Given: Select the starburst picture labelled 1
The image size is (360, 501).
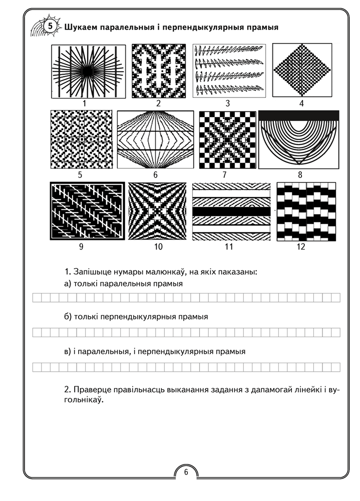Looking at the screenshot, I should (85, 72).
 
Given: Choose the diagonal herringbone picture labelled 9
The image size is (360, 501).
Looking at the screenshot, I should (88, 211).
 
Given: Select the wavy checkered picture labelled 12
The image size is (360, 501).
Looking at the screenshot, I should (306, 212).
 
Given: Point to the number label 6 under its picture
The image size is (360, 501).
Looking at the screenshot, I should (155, 175).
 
